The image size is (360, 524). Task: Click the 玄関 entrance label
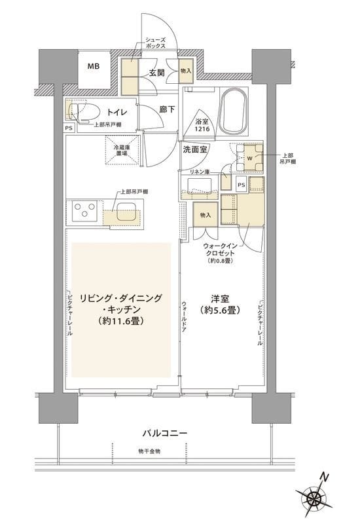click(x=156, y=73)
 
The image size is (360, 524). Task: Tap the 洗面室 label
click(x=196, y=149)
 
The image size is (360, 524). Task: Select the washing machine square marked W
click(x=249, y=157)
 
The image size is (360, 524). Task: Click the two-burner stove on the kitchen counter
click(x=84, y=211)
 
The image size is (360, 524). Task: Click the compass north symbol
click(x=317, y=497)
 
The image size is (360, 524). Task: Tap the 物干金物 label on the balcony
click(x=150, y=452)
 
